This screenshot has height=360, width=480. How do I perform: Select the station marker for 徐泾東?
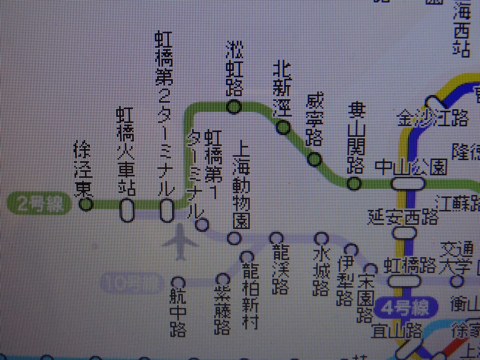(x=86, y=204)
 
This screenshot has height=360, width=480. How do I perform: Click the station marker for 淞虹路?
(x=233, y=107)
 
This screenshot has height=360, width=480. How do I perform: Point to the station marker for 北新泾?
(x=283, y=127)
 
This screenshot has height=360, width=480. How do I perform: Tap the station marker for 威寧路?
(x=315, y=160)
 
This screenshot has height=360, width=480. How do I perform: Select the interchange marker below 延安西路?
(x=405, y=232)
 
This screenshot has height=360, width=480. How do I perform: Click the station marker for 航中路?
(x=178, y=283)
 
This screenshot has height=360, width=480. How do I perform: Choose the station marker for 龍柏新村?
(x=247, y=257)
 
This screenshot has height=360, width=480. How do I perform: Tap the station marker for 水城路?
(x=321, y=239)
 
